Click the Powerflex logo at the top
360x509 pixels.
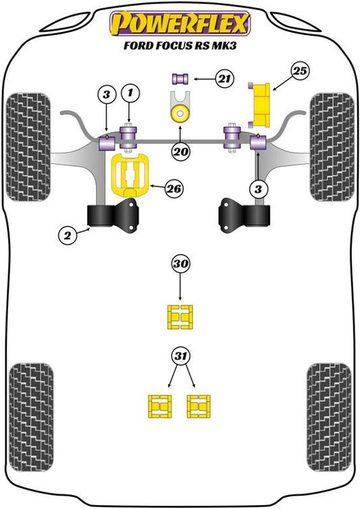[180, 24]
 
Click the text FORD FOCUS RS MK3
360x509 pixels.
[180, 45]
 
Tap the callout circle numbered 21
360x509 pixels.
[224, 79]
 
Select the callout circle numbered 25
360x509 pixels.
[300, 71]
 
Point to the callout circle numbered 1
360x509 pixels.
[130, 93]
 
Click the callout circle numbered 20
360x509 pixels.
[181, 151]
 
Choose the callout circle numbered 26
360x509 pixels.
[174, 189]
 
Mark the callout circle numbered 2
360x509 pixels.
[68, 235]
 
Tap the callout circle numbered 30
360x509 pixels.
[180, 264]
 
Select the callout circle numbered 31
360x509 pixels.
[181, 356]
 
